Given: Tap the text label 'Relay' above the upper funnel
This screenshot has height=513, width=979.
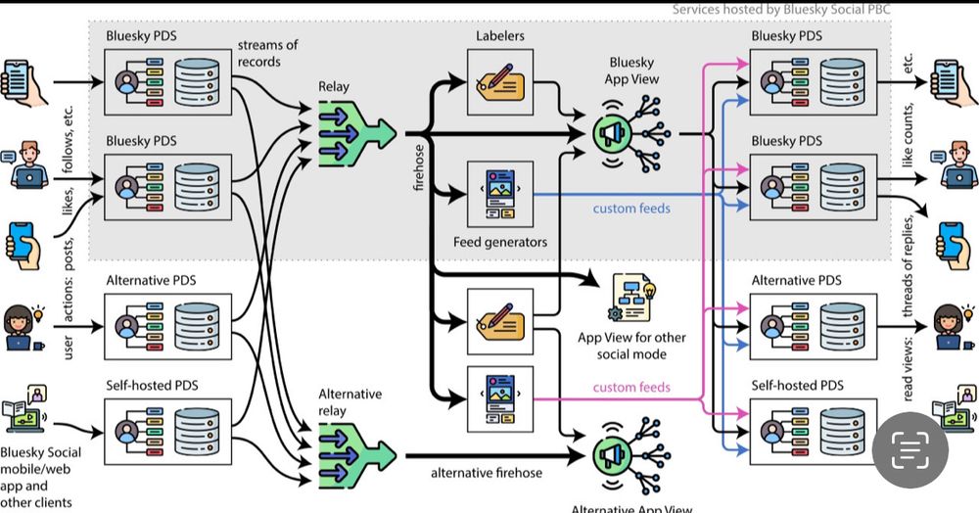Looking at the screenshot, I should (x=334, y=86).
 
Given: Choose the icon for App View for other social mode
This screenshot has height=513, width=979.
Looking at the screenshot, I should (x=632, y=298).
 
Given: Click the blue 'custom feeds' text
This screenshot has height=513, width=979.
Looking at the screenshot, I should (x=631, y=209).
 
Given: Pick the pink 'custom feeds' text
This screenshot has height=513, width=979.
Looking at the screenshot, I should (x=631, y=387).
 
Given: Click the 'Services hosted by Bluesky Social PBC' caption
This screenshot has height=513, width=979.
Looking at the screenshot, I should (x=781, y=10).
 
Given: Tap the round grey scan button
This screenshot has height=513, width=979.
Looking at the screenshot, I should (x=910, y=451).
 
